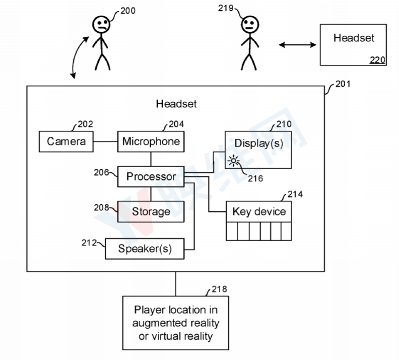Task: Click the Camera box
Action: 66,141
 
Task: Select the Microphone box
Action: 151,141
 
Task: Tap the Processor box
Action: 151,176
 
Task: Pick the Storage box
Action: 151,211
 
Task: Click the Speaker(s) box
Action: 145,248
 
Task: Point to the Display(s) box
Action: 258,150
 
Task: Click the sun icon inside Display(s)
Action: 233,161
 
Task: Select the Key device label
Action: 258,211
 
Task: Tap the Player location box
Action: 175,322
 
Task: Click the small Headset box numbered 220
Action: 353,45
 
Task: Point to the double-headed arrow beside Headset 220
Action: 297,45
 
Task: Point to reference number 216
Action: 255,178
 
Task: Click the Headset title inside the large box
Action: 176,104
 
